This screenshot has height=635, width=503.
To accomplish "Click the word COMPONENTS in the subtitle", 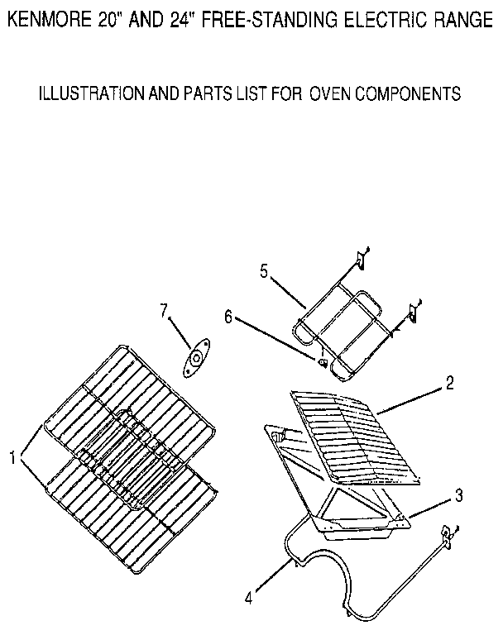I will pyautogui.click(x=408, y=93).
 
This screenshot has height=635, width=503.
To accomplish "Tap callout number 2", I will pyautogui.click(x=449, y=384).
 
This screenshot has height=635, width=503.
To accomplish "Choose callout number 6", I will pyautogui.click(x=229, y=315).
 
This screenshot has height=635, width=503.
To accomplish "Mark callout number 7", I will pyautogui.click(x=164, y=310).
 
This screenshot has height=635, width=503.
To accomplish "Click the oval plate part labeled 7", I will pyautogui.click(x=197, y=357).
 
